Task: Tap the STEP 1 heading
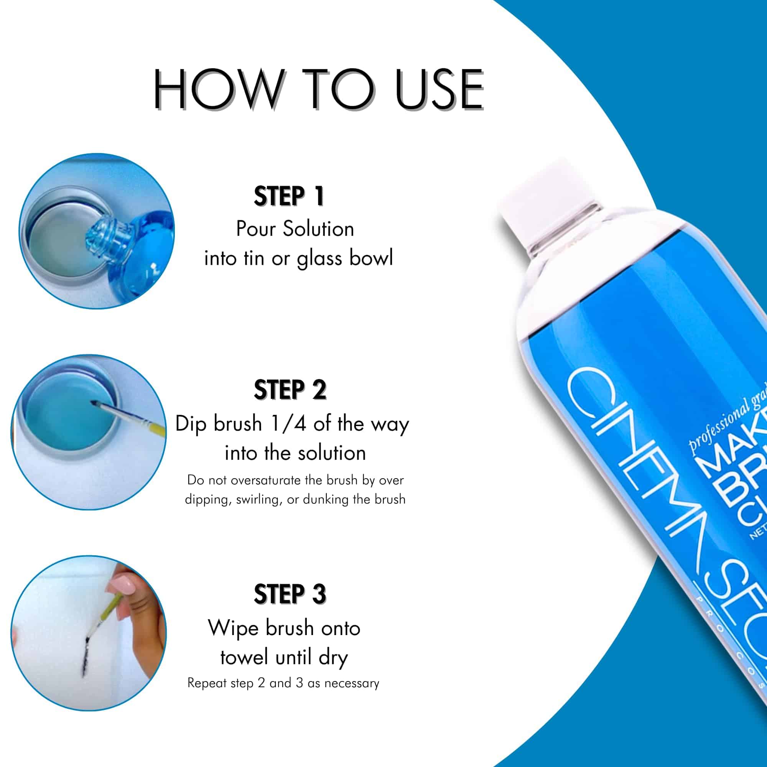tap(289, 196)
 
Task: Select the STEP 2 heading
tap(290, 390)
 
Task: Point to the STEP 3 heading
tap(290, 594)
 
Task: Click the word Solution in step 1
tap(318, 229)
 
